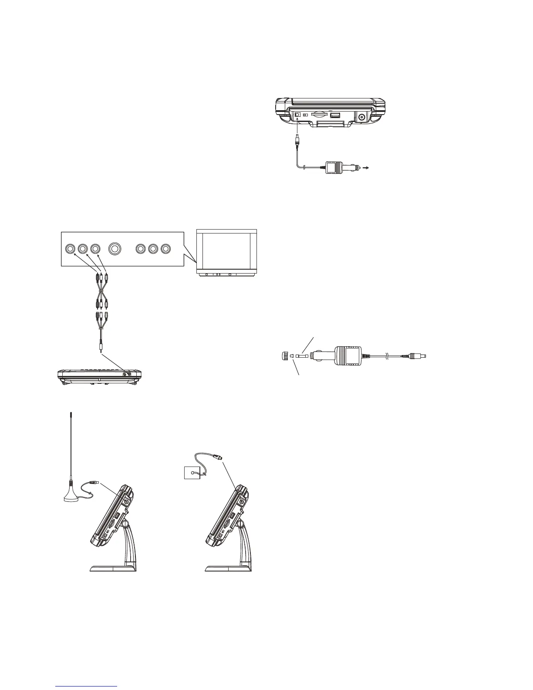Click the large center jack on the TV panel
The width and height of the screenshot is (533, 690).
click(x=115, y=249)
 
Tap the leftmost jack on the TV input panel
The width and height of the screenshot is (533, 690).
click(x=71, y=249)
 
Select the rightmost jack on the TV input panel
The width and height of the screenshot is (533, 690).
click(x=165, y=249)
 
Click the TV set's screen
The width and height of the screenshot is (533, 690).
click(x=226, y=250)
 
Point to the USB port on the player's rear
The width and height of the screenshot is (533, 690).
click(x=335, y=116)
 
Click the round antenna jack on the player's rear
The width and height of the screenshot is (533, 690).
click(x=361, y=117)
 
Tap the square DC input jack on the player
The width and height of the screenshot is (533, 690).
click(x=297, y=115)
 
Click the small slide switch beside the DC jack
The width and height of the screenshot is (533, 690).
click(x=306, y=115)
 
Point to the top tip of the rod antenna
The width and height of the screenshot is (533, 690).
click(x=71, y=416)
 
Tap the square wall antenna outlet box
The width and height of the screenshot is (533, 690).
click(x=191, y=471)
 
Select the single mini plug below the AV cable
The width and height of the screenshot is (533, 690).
click(x=101, y=348)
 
